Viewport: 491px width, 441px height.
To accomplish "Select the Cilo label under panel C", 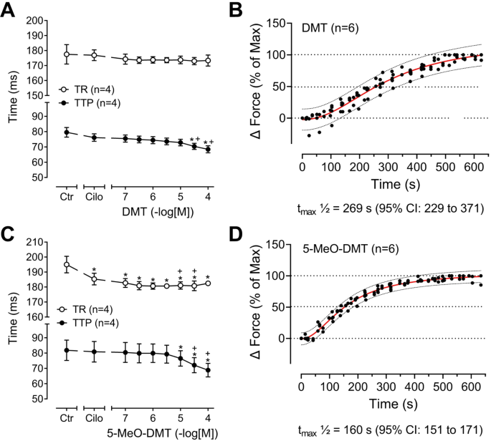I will click(95, 416).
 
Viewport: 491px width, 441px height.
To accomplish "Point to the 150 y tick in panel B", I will click(282, 24).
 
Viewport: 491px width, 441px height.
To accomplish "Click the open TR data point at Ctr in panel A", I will click(67, 54).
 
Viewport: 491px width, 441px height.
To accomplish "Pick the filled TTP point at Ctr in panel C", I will click(67, 350).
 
